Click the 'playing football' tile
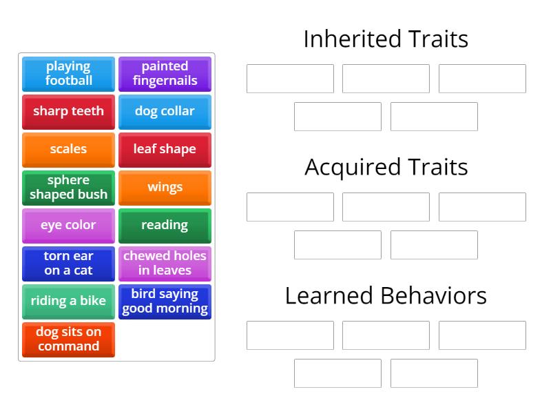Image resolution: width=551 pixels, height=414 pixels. (68, 74)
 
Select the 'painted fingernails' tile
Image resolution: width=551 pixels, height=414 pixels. (165, 74)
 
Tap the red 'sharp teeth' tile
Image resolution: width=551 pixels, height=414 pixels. (68, 112)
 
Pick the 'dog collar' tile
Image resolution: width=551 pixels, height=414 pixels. (165, 112)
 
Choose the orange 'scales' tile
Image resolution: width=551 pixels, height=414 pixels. (68, 150)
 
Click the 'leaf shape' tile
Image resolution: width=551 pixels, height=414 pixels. (165, 150)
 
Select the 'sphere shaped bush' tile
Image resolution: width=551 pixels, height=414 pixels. (68, 188)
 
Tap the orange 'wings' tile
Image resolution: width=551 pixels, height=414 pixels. (165, 188)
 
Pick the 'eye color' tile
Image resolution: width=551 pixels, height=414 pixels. (68, 226)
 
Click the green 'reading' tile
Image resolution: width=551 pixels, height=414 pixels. (165, 226)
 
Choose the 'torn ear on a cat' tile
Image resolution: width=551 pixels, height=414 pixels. (68, 264)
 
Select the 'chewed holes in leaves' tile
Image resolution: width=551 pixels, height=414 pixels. (165, 264)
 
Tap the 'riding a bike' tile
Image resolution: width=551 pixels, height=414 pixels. (68, 302)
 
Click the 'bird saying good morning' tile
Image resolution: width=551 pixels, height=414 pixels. (165, 302)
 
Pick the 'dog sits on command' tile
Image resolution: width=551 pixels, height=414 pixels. (68, 339)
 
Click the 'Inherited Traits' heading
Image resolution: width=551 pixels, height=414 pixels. (386, 39)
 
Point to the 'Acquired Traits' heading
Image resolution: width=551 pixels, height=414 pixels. (386, 167)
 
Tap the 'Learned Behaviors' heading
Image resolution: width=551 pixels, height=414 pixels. (386, 295)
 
